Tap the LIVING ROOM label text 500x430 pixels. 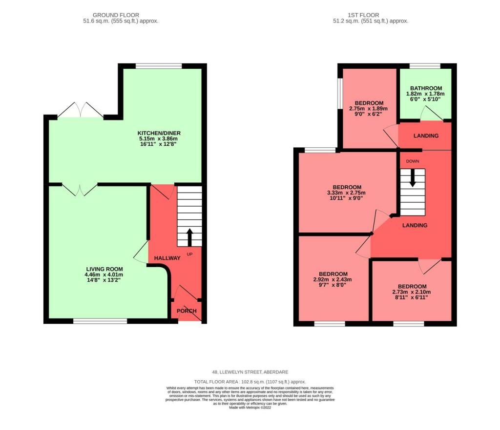pos(104,269)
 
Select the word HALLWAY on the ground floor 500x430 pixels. pos(167,258)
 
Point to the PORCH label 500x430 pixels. pos(187,311)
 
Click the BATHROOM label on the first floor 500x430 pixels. pos(425,88)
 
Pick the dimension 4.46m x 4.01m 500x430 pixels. pos(104,275)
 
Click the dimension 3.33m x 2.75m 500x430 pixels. pos(347,193)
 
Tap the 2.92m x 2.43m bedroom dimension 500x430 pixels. pos(333,279)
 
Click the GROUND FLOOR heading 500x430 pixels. pos(120,15)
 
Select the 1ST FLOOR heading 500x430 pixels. pos(370,15)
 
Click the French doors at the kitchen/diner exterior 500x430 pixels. pos(80,111)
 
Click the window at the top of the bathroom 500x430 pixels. pos(424,66)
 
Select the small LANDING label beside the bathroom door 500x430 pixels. pos(425,136)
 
